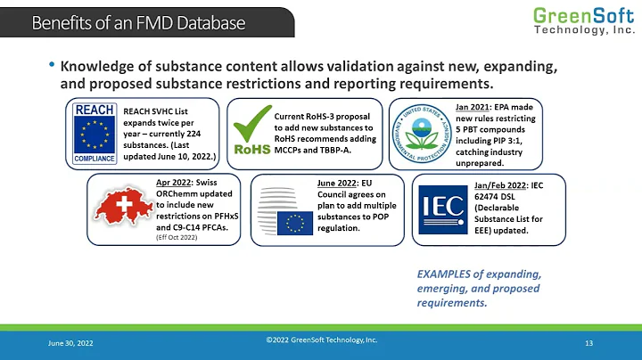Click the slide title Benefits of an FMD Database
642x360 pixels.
pos(138,22)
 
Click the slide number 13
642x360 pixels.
pos(589,343)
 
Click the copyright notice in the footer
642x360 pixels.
pos(322,340)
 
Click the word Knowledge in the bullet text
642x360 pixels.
pos(98,68)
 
